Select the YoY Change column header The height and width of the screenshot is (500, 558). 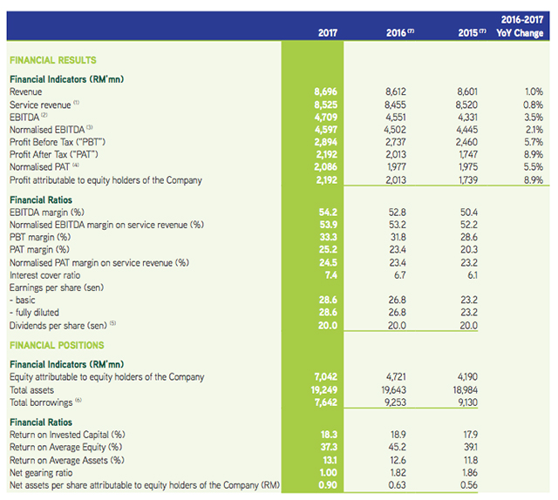click(x=519, y=34)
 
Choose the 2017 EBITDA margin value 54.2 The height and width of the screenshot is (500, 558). click(x=327, y=212)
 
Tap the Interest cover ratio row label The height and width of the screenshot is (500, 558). click(x=44, y=274)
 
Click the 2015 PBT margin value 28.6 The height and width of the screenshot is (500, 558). click(x=470, y=237)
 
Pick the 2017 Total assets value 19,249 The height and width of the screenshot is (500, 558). click(x=323, y=390)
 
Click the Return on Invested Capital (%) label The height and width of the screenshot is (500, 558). click(x=67, y=435)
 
